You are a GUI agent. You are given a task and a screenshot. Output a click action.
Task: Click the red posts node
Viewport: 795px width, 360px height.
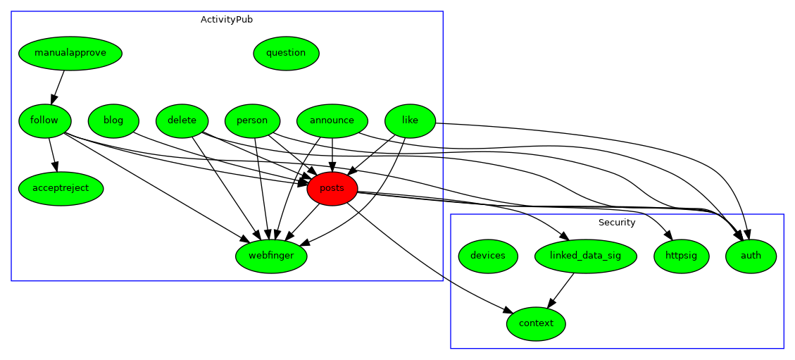(332, 188)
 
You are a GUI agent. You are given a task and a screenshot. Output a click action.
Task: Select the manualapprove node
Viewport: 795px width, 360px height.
(70, 53)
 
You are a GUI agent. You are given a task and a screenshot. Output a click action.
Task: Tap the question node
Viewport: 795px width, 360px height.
(286, 53)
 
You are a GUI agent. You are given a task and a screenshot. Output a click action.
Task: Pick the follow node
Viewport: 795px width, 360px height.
(44, 120)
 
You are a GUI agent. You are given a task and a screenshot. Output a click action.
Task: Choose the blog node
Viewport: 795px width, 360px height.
(113, 120)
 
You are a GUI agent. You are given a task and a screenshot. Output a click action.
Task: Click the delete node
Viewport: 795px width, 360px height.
(182, 120)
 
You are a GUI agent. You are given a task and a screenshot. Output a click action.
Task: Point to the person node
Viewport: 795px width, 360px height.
(252, 120)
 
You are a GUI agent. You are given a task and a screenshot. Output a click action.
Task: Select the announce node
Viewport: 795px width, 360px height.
(332, 120)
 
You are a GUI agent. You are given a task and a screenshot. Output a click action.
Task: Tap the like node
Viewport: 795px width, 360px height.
(410, 120)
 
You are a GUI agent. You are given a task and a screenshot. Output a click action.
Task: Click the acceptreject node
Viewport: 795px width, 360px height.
(61, 188)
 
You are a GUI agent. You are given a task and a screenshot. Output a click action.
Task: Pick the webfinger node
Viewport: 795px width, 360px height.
(271, 256)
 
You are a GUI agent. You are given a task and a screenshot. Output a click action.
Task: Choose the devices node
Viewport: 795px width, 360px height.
(488, 256)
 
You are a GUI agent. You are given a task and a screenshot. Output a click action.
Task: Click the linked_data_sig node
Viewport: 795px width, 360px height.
(586, 256)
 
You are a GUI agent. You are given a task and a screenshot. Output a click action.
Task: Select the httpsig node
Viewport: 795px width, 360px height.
(682, 256)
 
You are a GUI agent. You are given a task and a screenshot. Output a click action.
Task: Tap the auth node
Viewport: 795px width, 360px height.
(751, 256)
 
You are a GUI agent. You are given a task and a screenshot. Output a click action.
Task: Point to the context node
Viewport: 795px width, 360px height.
(536, 323)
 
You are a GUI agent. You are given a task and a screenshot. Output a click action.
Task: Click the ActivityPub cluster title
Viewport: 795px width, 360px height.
(227, 20)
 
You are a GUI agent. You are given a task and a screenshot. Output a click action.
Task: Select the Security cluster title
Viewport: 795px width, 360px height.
(617, 223)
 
